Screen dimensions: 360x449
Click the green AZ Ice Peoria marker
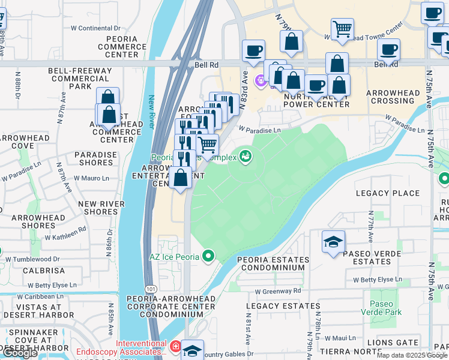tap(208, 256)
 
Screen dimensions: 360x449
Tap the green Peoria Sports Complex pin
tap(245, 157)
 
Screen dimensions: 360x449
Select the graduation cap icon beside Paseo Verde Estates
tap(333, 242)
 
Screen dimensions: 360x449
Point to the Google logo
tap(20, 353)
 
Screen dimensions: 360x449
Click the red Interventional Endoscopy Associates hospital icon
tap(175, 346)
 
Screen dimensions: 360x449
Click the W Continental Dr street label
tap(95, 28)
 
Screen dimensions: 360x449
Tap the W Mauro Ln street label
tap(92, 178)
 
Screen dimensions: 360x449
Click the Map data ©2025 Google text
tap(412, 355)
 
